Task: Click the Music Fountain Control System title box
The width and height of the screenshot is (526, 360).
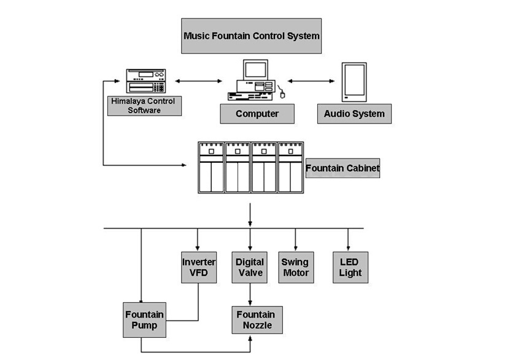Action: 252,36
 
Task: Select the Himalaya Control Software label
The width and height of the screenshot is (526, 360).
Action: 144,106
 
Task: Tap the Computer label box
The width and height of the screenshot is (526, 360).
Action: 257,114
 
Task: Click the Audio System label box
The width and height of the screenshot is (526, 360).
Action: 354,114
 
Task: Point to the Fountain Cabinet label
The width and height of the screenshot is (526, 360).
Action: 342,168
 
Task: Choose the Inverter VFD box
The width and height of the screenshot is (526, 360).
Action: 199,267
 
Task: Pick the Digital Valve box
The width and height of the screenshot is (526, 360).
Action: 250,267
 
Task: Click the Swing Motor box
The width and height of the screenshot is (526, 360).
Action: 295,267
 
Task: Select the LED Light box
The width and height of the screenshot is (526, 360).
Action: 350,267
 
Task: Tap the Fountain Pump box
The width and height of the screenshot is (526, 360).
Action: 145,319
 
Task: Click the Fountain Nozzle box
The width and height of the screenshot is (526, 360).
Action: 257,319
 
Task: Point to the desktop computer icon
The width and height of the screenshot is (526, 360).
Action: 251,80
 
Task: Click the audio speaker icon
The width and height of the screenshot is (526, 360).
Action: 354,82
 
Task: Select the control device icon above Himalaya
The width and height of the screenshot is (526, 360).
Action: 145,80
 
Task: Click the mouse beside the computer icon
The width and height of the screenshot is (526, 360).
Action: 282,93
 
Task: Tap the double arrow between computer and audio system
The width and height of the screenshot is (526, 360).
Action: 312,80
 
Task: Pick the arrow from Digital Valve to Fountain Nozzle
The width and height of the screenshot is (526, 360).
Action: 250,294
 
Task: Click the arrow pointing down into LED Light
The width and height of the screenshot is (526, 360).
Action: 348,240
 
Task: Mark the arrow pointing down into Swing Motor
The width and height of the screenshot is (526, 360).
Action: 295,240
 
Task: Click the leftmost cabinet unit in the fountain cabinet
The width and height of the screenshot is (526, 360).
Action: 211,168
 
